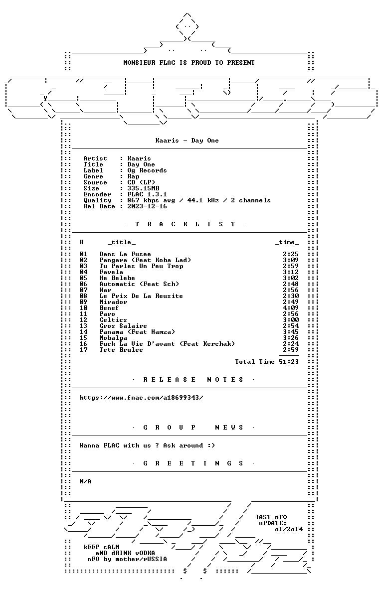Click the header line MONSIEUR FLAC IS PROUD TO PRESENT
click(189, 63)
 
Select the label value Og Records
click(147, 170)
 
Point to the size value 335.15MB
click(143, 188)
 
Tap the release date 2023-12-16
click(147, 206)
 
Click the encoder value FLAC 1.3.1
click(147, 194)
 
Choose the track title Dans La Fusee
click(125, 254)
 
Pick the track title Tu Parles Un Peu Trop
click(141, 266)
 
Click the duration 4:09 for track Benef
click(291, 308)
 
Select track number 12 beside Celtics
click(83, 320)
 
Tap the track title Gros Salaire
click(123, 326)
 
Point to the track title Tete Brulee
click(121, 350)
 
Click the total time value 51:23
click(289, 362)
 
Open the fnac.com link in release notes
click(141, 398)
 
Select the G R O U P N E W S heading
click(193, 428)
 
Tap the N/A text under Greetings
click(85, 481)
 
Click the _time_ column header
click(287, 242)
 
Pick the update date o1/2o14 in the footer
click(289, 529)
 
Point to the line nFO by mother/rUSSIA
click(127, 559)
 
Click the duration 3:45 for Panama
click(291, 332)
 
